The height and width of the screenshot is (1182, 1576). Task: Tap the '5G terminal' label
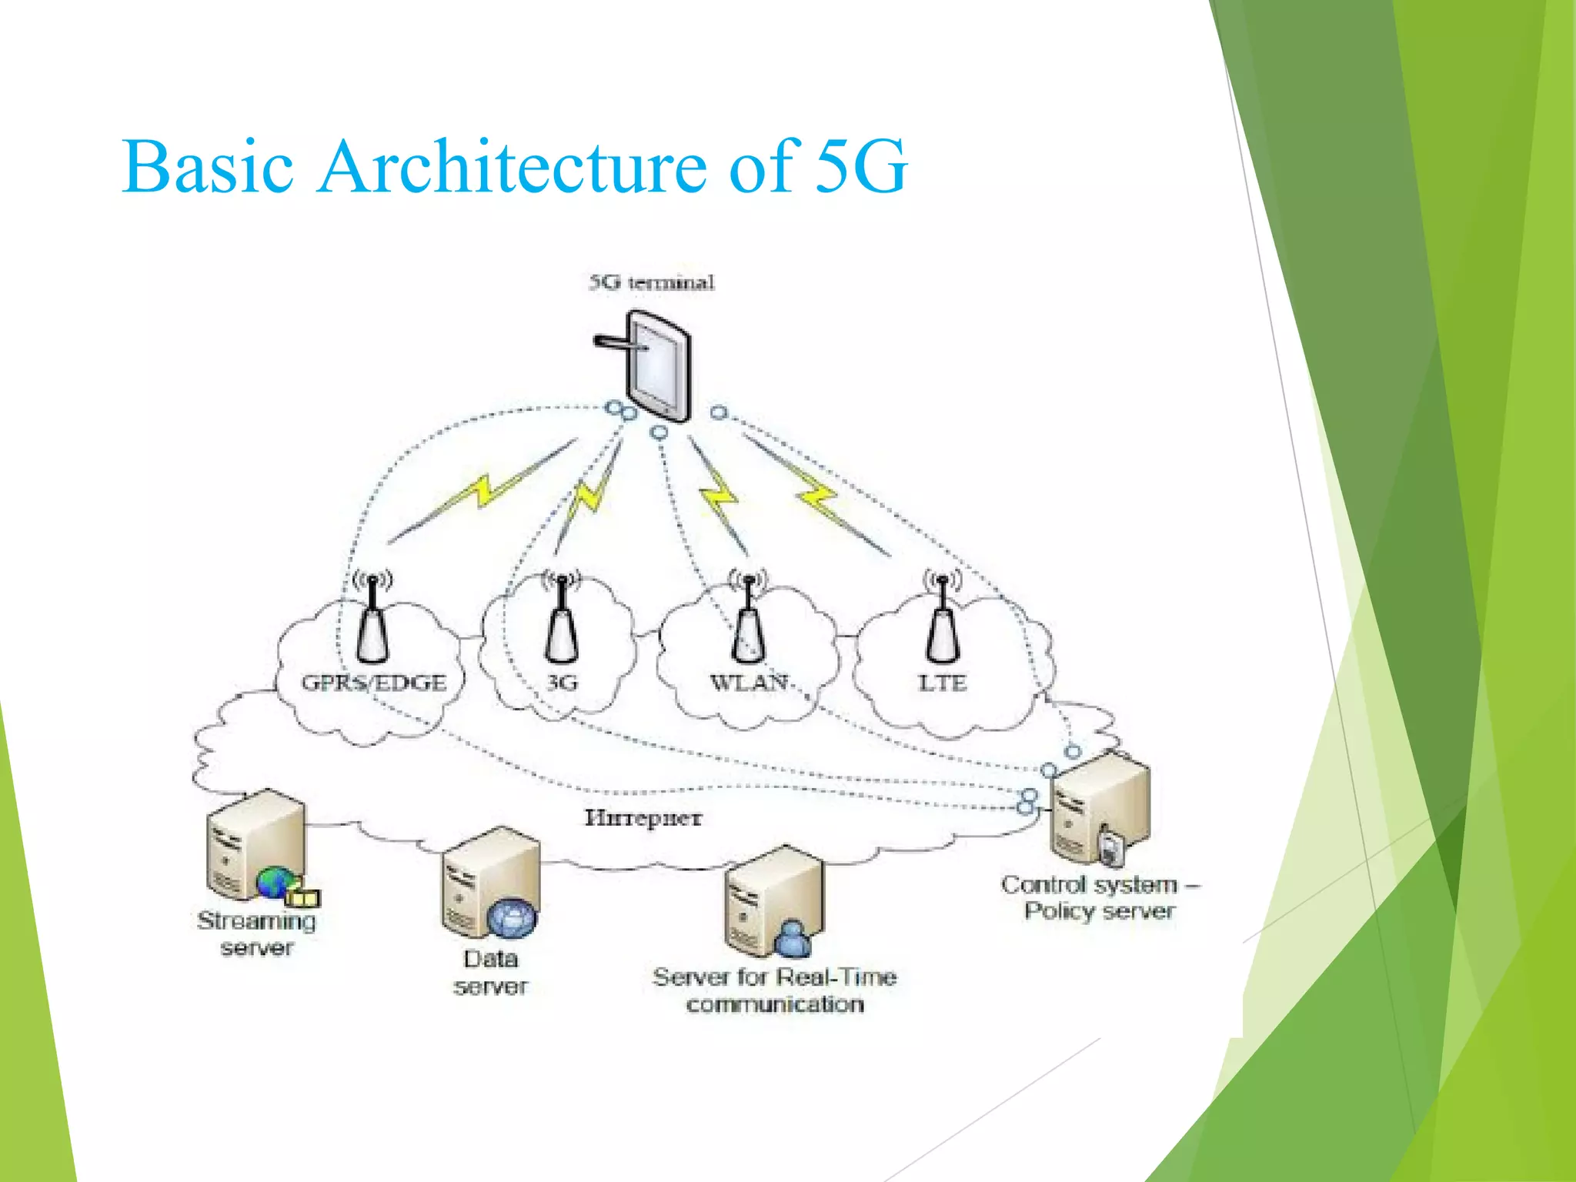coord(652,282)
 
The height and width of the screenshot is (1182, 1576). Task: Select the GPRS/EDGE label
coord(374,683)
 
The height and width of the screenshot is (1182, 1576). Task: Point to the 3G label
coord(563,683)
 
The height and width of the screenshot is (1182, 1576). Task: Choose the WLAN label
coord(748,683)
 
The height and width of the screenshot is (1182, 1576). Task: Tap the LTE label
coord(942,683)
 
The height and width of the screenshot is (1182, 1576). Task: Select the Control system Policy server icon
coord(1100,808)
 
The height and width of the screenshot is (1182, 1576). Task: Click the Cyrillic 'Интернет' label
coord(643,817)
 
